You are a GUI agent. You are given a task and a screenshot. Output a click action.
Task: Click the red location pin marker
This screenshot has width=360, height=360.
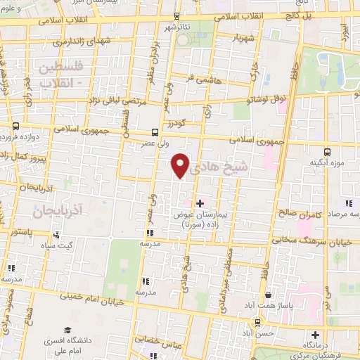[180, 165]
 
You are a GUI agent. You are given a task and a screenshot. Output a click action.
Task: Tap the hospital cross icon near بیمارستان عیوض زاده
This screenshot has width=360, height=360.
[200, 202]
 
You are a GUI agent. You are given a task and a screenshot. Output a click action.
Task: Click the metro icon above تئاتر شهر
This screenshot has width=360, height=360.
[175, 15]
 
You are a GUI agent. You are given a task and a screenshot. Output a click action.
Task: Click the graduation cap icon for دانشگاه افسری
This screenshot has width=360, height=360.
[67, 330]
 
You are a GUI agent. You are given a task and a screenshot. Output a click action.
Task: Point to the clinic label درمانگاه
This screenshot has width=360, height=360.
[316, 347]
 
